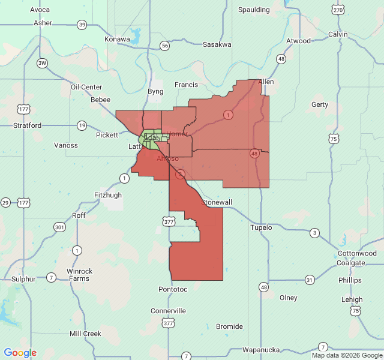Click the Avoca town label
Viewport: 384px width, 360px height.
pyautogui.click(x=40, y=10)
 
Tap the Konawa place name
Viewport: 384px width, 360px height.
pyautogui.click(x=118, y=39)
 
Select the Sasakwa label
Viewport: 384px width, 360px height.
pyautogui.click(x=217, y=44)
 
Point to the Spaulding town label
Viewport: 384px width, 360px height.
pyautogui.click(x=254, y=10)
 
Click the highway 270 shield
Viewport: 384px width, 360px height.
pyautogui.click(x=338, y=10)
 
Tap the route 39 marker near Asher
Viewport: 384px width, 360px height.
pyautogui.click(x=82, y=25)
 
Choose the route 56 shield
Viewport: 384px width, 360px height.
pyautogui.click(x=164, y=46)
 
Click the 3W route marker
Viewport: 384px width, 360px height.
pyautogui.click(x=42, y=63)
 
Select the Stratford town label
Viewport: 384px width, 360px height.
pyautogui.click(x=28, y=125)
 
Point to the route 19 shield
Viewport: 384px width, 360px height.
pyautogui.click(x=82, y=125)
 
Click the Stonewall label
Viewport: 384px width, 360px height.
pyautogui.click(x=217, y=202)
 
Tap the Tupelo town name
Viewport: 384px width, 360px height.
pyautogui.click(x=261, y=227)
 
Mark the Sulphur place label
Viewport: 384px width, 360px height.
pyautogui.click(x=24, y=279)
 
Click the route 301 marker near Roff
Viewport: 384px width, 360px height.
pyautogui.click(x=59, y=227)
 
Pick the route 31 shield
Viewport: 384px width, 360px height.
pyautogui.click(x=310, y=280)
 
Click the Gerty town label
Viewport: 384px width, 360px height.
pyautogui.click(x=320, y=104)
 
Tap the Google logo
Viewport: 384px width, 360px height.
pyautogui.click(x=20, y=353)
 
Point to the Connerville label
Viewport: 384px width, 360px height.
pyautogui.click(x=168, y=311)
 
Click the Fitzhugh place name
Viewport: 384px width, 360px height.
pyautogui.click(x=108, y=195)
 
